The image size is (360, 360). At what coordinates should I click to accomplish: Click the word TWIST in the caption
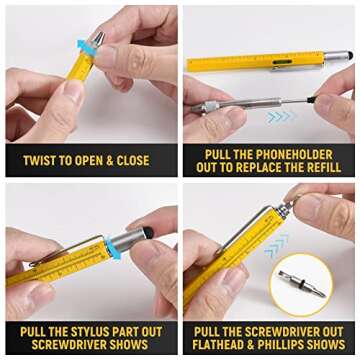[x=40, y=161]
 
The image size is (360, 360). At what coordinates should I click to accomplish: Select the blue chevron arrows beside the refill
[x=281, y=117]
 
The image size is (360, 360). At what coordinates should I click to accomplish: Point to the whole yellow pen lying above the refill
[x=265, y=62]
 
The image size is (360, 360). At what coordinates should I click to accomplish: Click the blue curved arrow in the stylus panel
[x=111, y=249]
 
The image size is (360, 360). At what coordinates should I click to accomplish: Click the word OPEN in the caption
[x=93, y=161]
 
